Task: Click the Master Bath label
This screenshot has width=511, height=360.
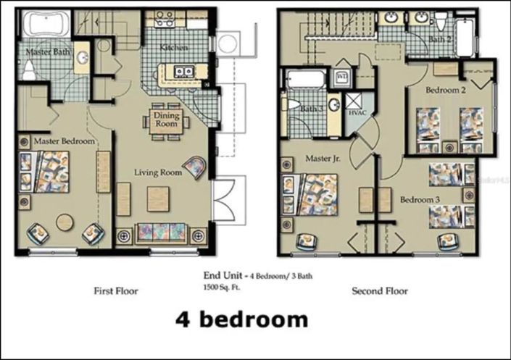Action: (48, 53)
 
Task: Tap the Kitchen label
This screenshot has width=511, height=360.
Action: (174, 47)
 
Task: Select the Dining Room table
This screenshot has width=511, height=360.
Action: (166, 120)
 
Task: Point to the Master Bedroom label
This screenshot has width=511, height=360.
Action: (64, 141)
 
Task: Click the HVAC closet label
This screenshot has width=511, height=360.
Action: (357, 114)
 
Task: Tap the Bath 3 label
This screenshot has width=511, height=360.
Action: (312, 109)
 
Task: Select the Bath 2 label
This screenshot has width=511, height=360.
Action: (440, 39)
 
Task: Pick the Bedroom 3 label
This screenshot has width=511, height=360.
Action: (417, 199)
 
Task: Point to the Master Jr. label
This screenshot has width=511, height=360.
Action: (323, 158)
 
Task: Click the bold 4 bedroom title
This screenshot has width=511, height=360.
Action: (241, 319)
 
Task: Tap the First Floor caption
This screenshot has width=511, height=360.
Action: (116, 291)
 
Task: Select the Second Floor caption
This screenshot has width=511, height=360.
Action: (379, 291)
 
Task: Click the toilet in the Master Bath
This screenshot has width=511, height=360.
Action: (29, 70)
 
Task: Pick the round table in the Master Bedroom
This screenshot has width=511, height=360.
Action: (66, 222)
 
